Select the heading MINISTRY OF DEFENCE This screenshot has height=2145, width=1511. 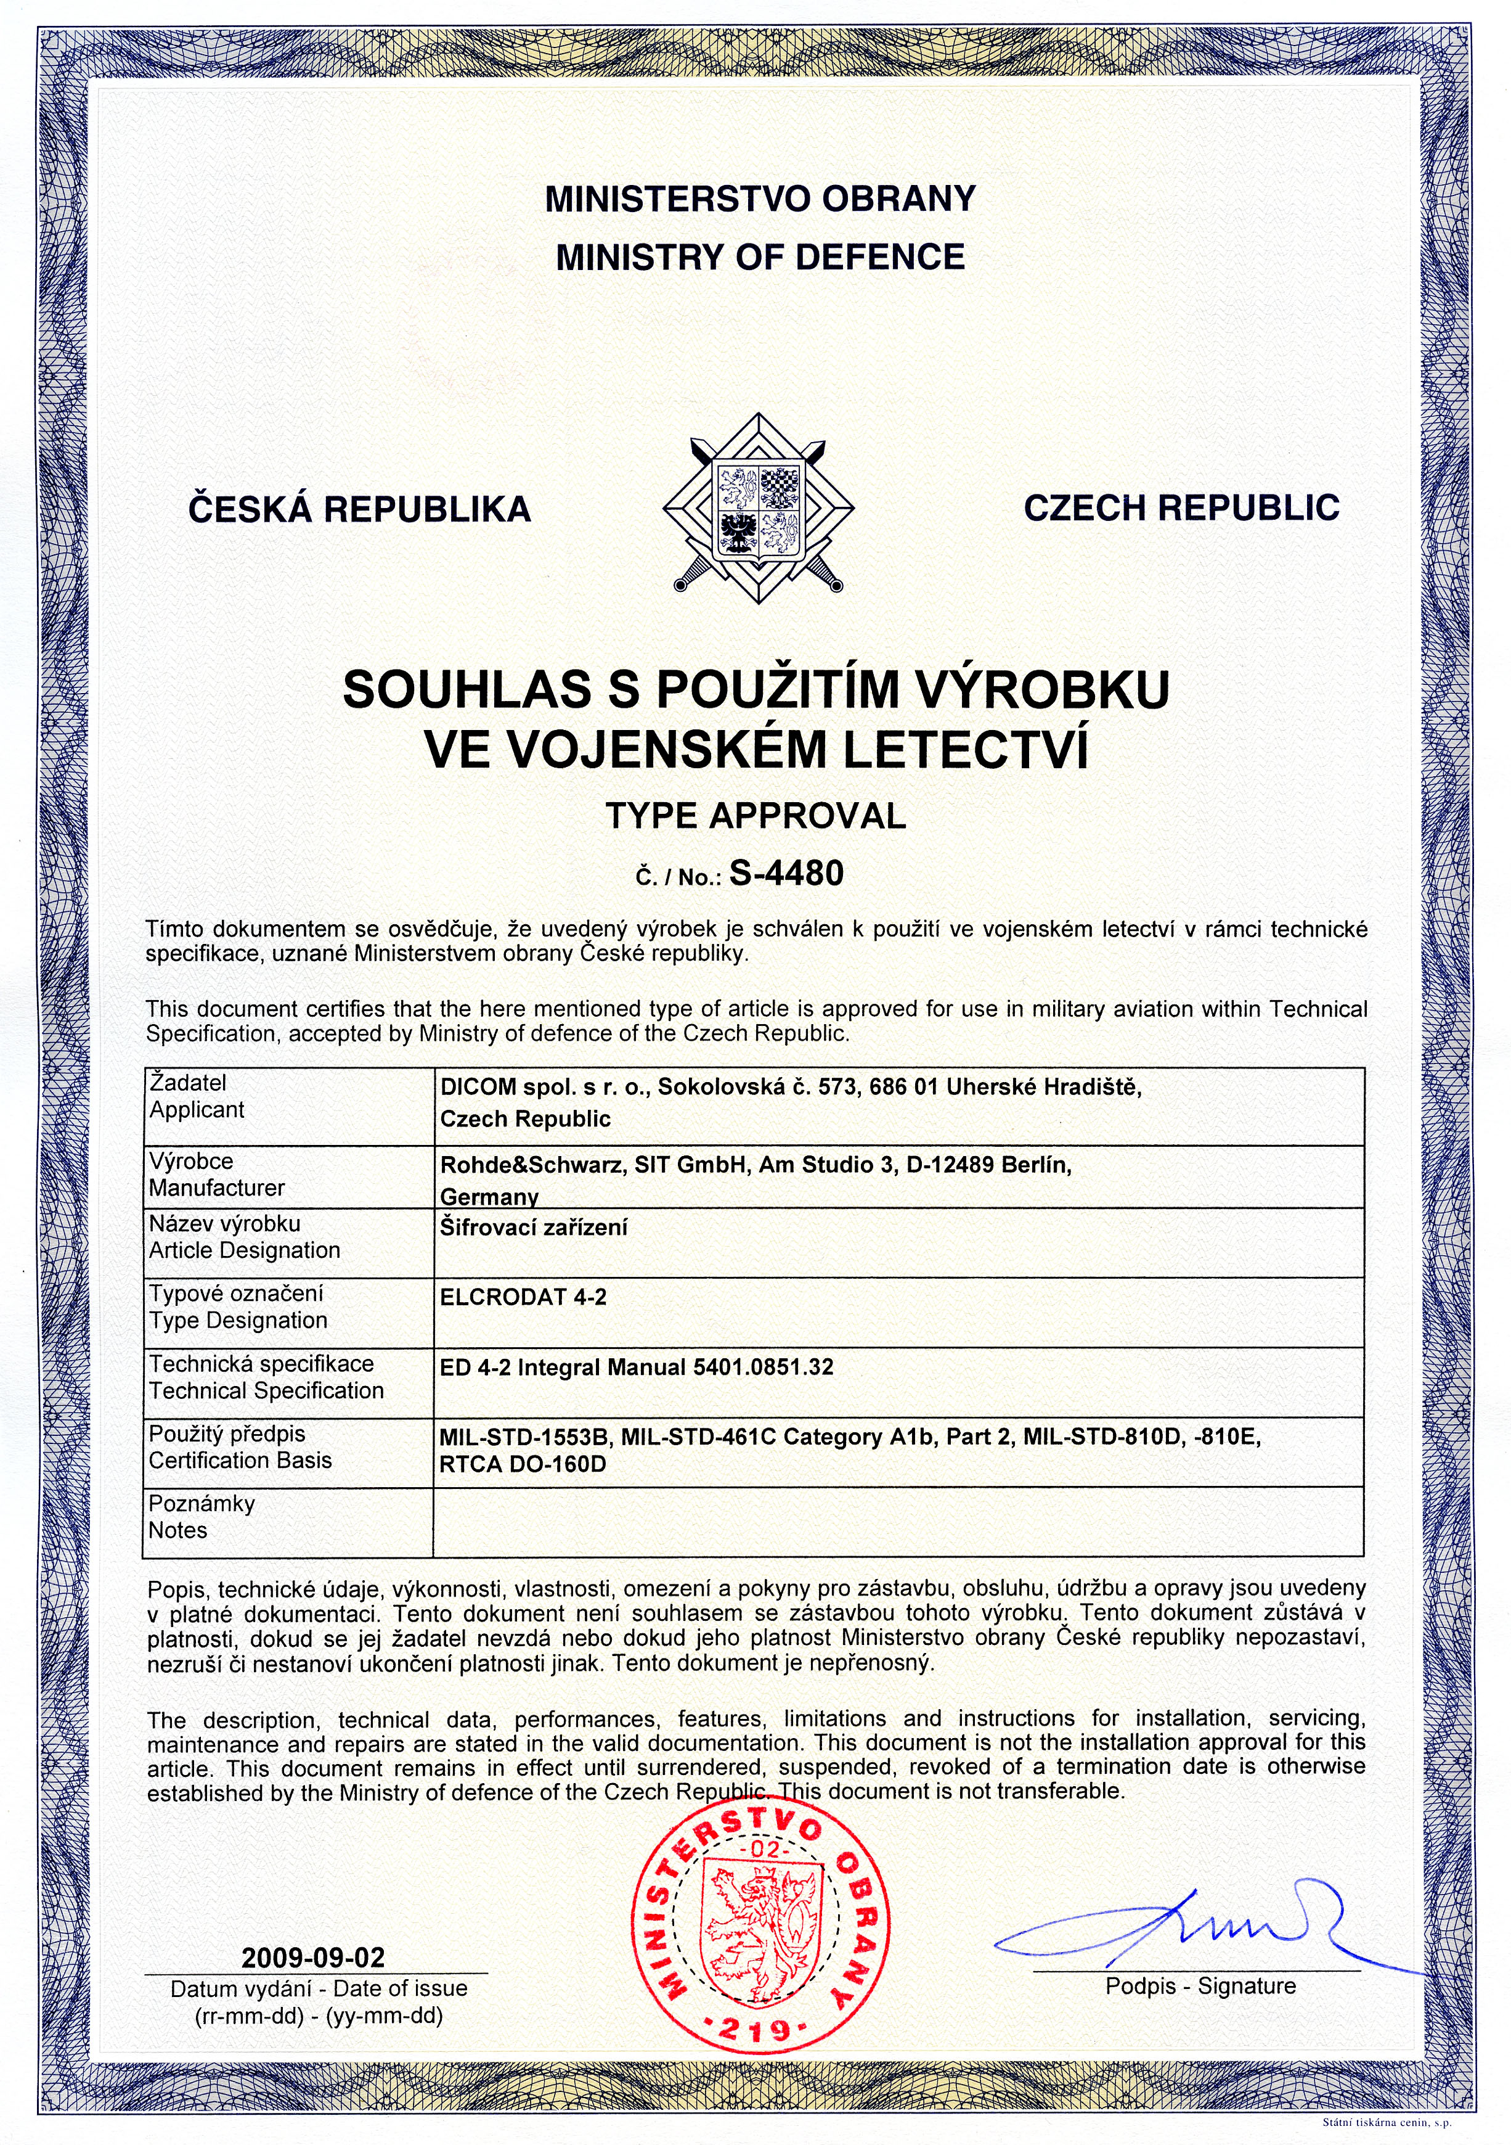click(x=760, y=257)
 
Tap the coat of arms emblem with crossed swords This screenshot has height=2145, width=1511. click(x=759, y=509)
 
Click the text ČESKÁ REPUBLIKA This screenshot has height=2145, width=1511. click(x=359, y=509)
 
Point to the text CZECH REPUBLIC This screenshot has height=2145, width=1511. click(x=1181, y=507)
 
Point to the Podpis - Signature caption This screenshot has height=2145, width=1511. click(x=1200, y=1986)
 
